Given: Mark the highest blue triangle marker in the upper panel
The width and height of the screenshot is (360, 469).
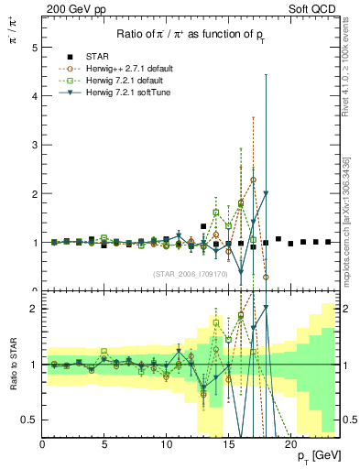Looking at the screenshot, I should (x=266, y=193).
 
